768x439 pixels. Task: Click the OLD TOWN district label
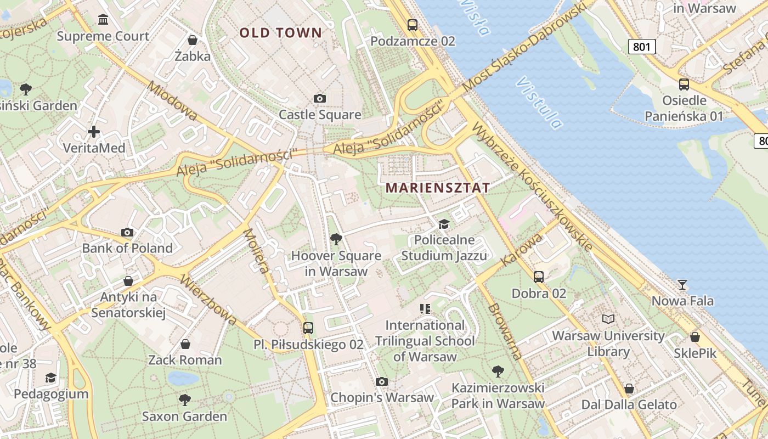[x=280, y=32]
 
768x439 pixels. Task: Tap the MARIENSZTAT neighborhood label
[x=437, y=188]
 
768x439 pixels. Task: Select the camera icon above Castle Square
[x=320, y=99]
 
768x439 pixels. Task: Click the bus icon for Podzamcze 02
[x=413, y=25]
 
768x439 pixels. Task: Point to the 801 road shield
[x=641, y=47]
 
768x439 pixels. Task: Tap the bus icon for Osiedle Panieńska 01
[x=684, y=85]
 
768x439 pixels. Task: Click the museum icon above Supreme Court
[x=103, y=20]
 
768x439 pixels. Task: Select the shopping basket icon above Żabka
[x=193, y=40]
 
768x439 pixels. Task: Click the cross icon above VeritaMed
[x=94, y=132]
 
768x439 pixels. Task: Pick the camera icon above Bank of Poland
[x=127, y=232]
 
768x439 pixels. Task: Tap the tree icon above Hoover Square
[x=336, y=239]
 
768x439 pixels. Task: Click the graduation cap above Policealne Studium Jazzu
[x=443, y=224]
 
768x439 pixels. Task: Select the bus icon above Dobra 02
[x=539, y=277]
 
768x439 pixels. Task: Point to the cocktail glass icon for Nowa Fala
[x=682, y=284]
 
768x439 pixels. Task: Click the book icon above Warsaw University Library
[x=608, y=319]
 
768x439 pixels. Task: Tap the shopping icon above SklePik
[x=695, y=337]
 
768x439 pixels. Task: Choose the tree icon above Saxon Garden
[x=185, y=399]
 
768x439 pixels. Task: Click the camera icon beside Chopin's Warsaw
[x=382, y=381]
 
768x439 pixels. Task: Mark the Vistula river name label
[x=539, y=103]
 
